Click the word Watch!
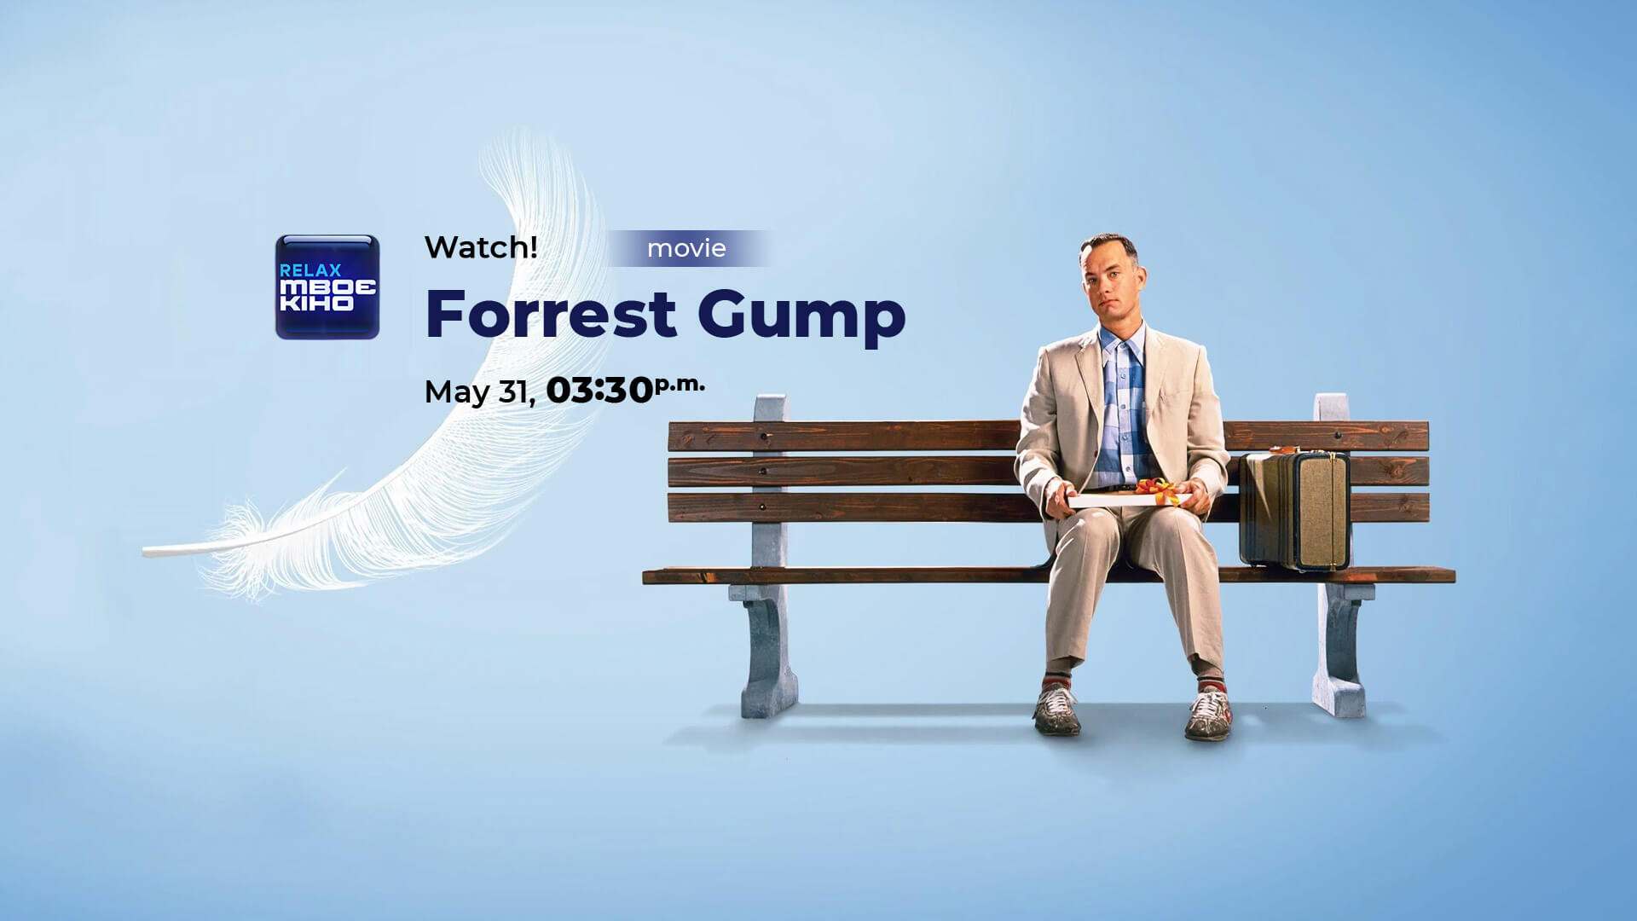pos(481,247)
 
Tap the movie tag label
pos(686,248)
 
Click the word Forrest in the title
pos(551,314)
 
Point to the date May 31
pos(479,392)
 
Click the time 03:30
pos(599,390)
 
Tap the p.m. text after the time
pos(680,385)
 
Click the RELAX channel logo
pos(327,287)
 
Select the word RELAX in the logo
pos(310,269)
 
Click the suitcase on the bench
pos(1294,509)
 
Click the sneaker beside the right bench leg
pos(1209,712)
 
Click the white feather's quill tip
pos(145,552)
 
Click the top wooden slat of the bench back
pos(1049,436)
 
